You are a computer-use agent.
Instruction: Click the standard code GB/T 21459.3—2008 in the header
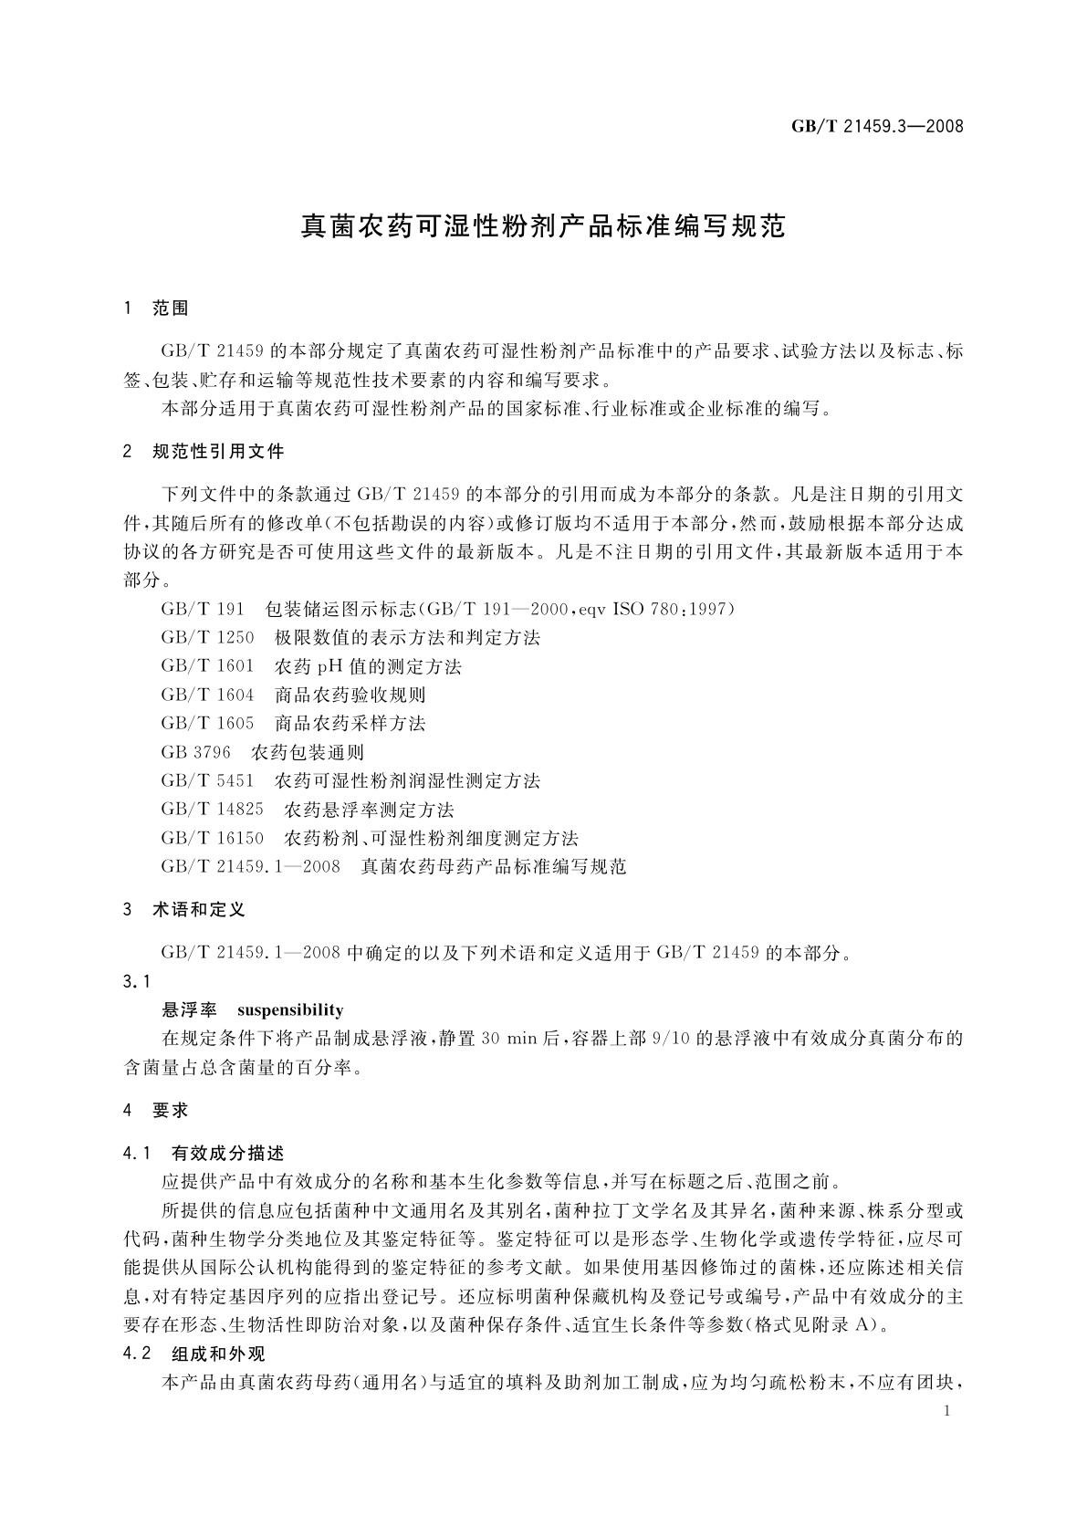877,126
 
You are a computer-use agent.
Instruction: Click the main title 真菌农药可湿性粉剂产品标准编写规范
543,227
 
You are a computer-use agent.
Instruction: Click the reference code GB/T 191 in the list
202,609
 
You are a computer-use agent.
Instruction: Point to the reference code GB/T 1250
207,637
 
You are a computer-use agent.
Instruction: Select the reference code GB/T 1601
207,666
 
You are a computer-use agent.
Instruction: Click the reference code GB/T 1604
207,695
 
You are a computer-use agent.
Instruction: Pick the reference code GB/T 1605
207,723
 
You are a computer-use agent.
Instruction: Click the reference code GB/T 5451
207,780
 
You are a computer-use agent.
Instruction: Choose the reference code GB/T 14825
212,810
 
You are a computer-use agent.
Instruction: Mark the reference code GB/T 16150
212,838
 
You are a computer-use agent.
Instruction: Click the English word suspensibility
290,1009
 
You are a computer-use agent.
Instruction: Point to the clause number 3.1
136,981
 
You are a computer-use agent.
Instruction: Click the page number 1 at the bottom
948,1411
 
